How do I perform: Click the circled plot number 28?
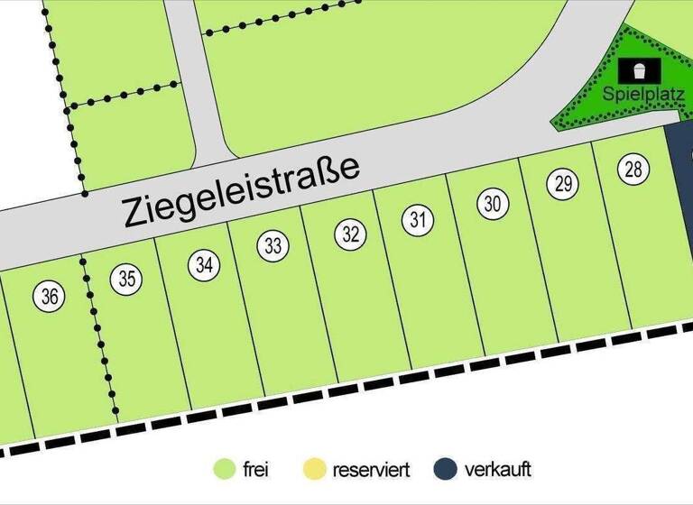(633, 169)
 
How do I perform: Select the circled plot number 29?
(562, 185)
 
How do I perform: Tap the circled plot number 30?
(492, 204)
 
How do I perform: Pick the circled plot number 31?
(417, 219)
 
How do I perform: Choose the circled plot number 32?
(351, 235)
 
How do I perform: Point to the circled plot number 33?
(274, 245)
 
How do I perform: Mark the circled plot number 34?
(204, 264)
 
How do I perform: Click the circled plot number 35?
(127, 279)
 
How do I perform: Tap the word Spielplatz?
(637, 93)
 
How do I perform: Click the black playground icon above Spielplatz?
(640, 69)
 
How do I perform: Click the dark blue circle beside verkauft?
(443, 469)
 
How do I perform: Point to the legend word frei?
(255, 470)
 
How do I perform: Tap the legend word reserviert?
(371, 470)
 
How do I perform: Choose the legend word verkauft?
(497, 470)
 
